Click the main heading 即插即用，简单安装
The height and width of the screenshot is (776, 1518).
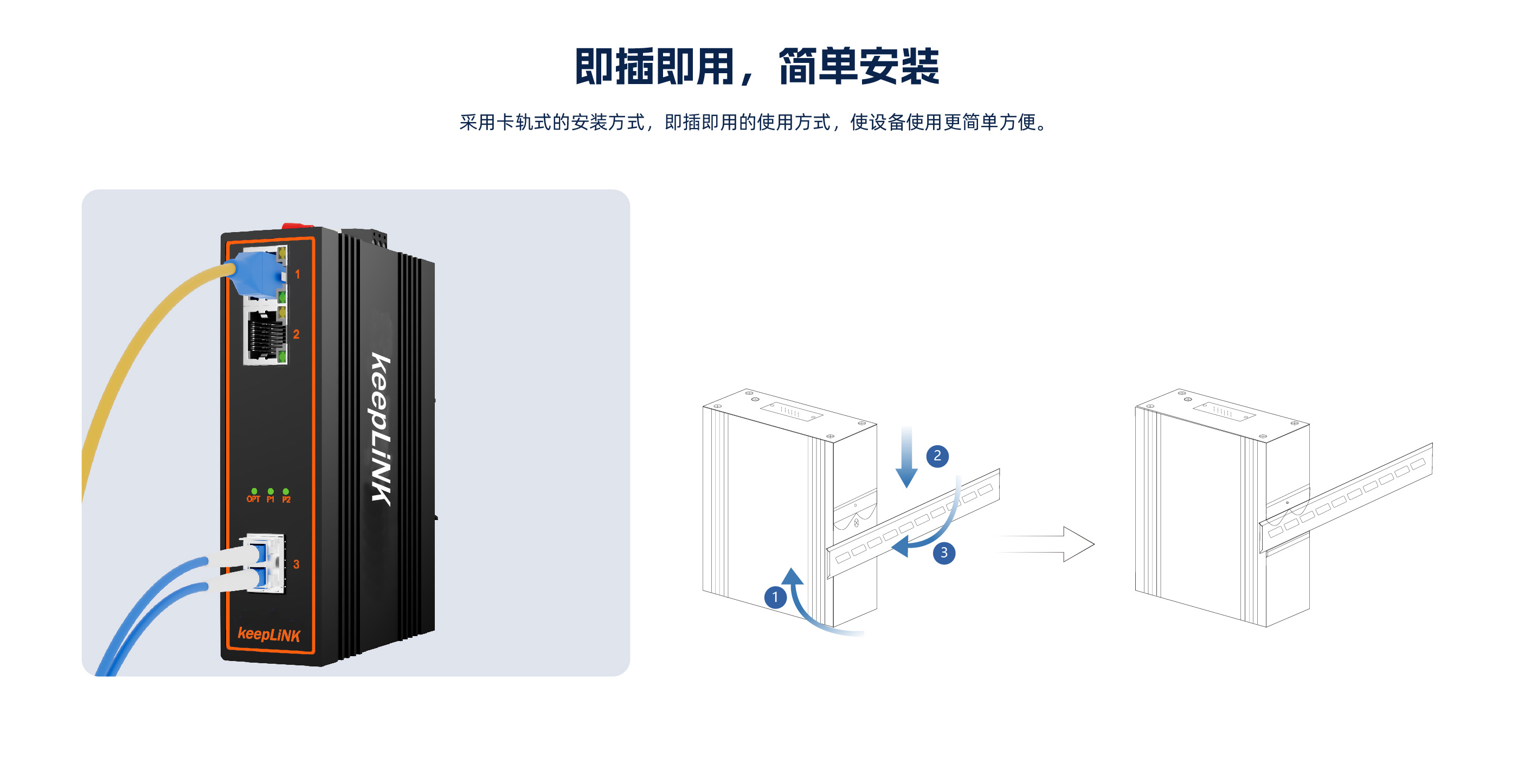pyautogui.click(x=757, y=66)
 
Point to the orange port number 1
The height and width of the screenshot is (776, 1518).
pyautogui.click(x=298, y=274)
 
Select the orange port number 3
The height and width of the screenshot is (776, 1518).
pyautogui.click(x=297, y=565)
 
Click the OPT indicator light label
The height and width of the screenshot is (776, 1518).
pyautogui.click(x=253, y=499)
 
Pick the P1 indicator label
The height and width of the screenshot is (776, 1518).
pyautogui.click(x=271, y=499)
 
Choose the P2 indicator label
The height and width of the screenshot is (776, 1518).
pyautogui.click(x=286, y=499)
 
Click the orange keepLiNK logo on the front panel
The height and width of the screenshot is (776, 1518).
pyautogui.click(x=269, y=634)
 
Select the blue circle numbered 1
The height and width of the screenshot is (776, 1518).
pyautogui.click(x=775, y=597)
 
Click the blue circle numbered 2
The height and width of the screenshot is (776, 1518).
pyautogui.click(x=937, y=456)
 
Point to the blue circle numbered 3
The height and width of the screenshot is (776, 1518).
pyautogui.click(x=943, y=552)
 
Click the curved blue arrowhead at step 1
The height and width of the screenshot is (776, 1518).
pyautogui.click(x=793, y=576)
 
